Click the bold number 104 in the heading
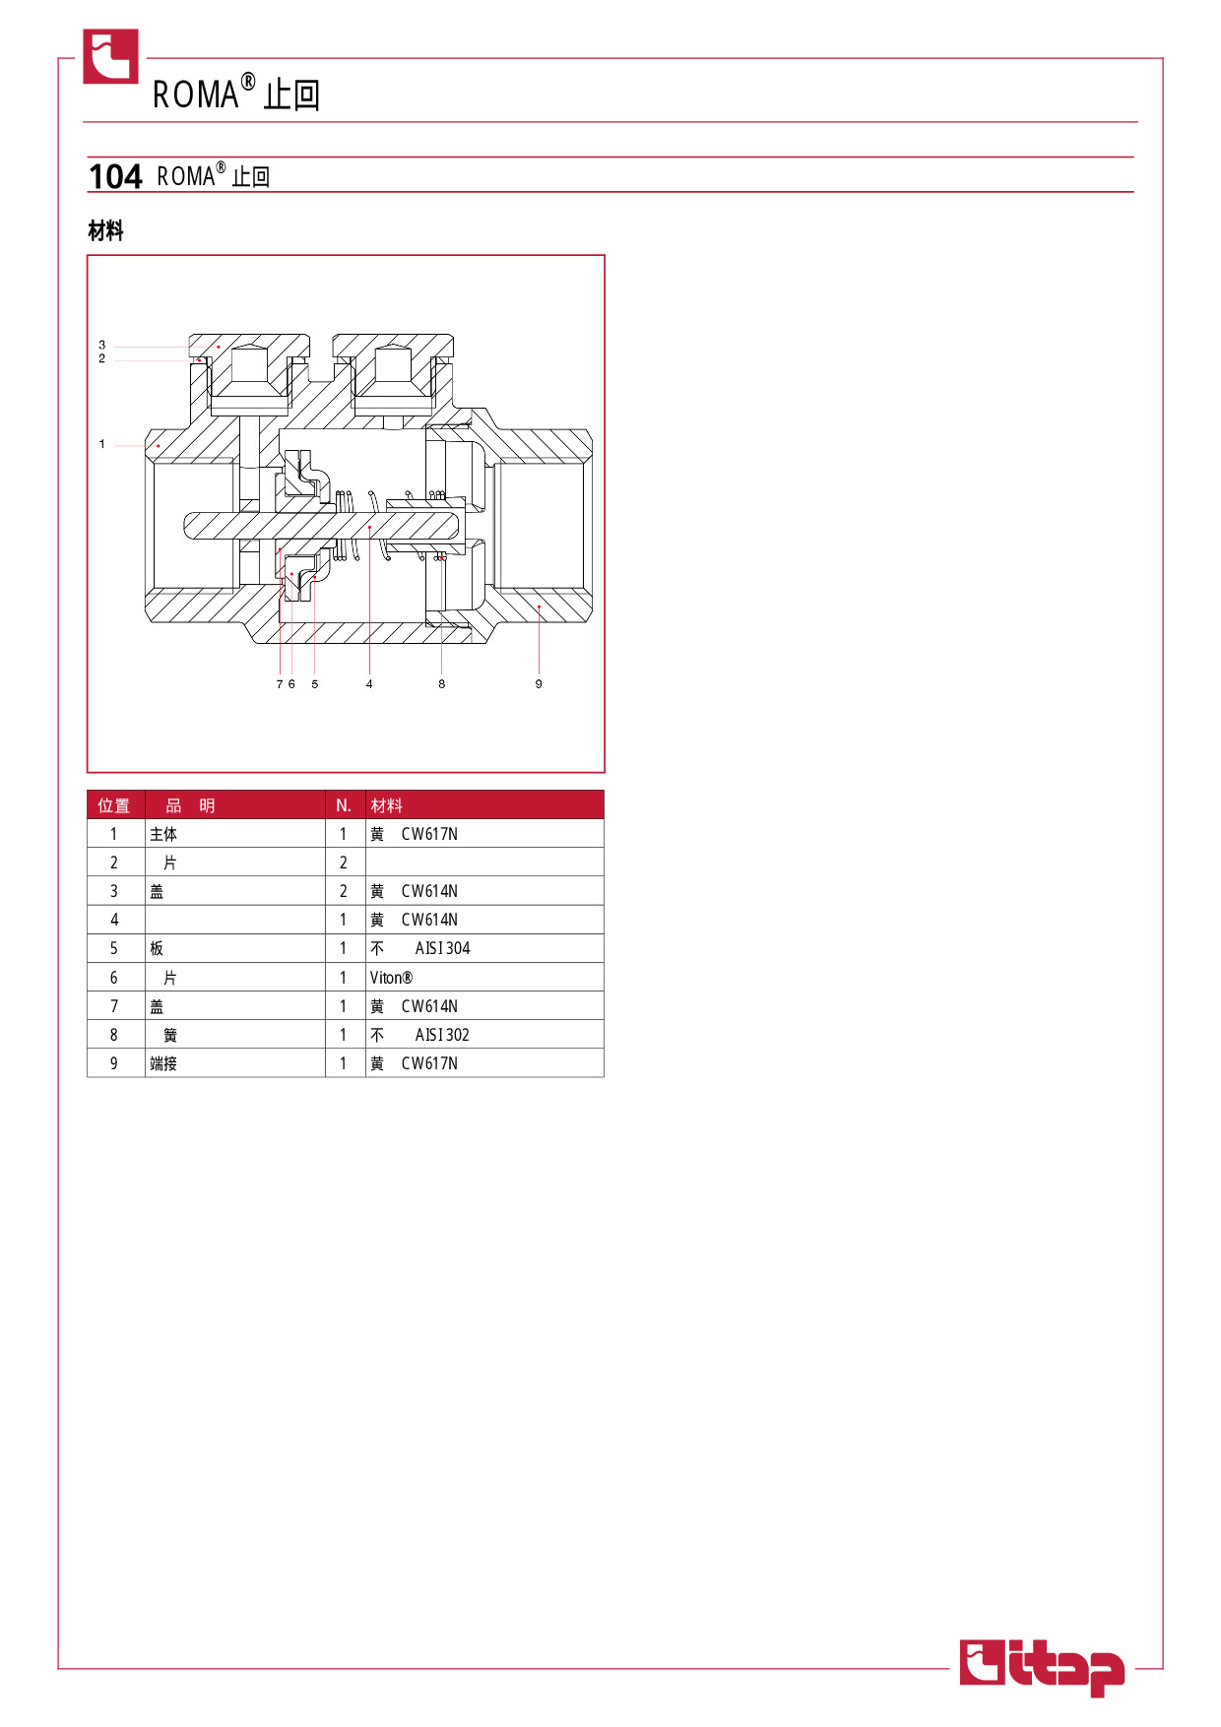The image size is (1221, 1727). point(115,176)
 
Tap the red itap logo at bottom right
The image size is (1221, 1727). point(1042,1668)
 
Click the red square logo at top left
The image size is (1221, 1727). point(110,56)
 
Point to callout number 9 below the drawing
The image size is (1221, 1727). point(539,683)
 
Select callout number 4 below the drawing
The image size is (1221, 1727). point(369,683)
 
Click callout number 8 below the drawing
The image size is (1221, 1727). point(441,683)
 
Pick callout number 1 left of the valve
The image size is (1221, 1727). point(101,444)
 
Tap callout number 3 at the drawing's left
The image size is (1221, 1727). point(101,345)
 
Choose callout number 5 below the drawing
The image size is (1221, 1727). point(315,683)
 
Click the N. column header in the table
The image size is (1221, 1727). point(344,805)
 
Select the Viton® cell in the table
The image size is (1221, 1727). point(391,978)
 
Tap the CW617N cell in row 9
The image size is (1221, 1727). point(429,1063)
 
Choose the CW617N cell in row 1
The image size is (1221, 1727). point(429,834)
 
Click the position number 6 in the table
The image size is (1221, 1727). point(113,978)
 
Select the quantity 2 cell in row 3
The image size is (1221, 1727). point(344,891)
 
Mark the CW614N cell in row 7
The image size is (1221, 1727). point(429,1006)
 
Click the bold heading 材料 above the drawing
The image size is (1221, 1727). point(105,231)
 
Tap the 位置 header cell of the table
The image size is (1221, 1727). point(113,805)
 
